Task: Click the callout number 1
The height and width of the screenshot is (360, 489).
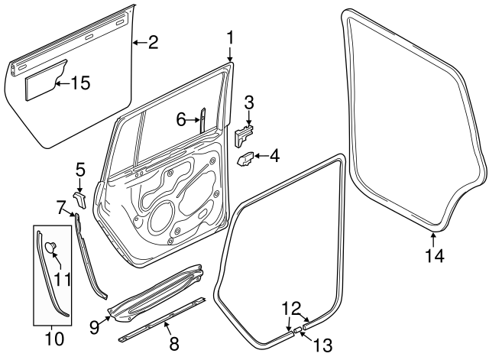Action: point(230,37)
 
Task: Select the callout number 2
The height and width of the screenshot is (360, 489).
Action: point(153,43)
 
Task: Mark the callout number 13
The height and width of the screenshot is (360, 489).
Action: point(324,345)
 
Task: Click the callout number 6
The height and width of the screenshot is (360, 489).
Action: point(181,118)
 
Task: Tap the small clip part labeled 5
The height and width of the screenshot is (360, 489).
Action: point(79,198)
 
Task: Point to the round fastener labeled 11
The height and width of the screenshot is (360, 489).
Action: point(51,247)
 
